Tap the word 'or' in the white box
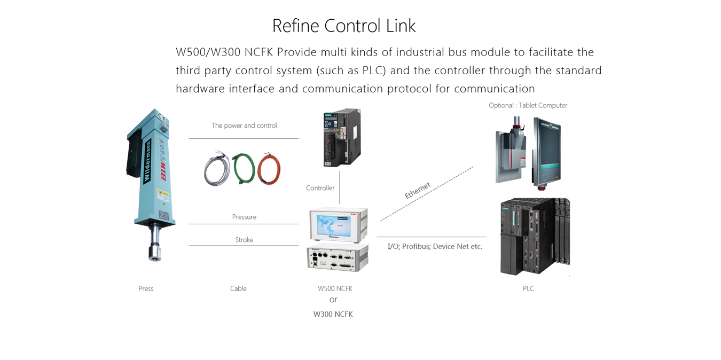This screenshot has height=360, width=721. tap(333, 301)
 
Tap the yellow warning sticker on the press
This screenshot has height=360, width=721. tap(162, 196)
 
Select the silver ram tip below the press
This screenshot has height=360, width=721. tap(155, 251)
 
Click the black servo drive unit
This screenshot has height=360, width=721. tap(340, 138)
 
